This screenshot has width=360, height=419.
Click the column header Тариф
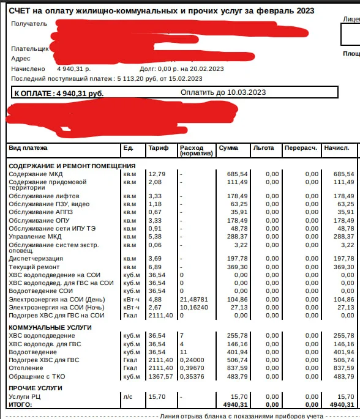coord(156,149)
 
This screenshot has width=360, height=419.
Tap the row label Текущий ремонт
coord(34,267)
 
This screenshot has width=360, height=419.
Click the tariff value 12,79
coord(156,174)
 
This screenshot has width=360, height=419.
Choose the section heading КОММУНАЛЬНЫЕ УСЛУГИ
coord(50,328)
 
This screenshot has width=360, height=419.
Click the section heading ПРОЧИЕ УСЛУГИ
coord(36,388)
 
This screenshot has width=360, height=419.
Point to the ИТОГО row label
coord(20,404)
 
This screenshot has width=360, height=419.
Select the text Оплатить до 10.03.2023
coord(223,92)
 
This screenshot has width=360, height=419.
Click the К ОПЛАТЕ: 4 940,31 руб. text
coord(59,94)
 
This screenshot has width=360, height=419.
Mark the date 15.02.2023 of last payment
coord(185,79)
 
